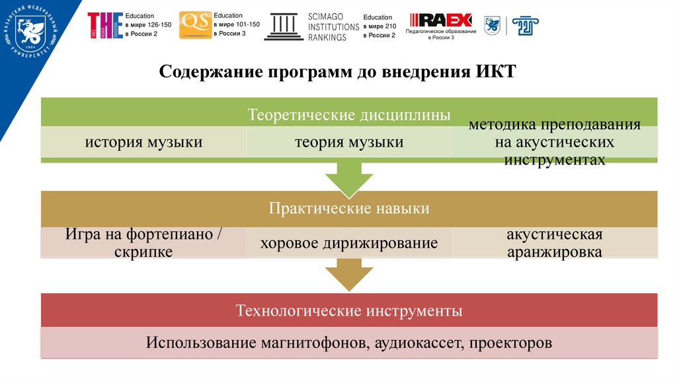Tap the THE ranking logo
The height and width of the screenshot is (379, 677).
[x=105, y=25]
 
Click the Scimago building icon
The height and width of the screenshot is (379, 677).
[x=284, y=26]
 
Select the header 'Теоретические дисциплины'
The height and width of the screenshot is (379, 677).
[x=349, y=114]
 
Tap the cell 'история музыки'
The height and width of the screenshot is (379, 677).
[x=143, y=142]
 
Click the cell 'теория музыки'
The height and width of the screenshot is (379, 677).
[x=349, y=142]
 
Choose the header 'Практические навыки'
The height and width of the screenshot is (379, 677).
[x=349, y=209]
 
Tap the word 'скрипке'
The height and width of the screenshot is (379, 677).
[x=143, y=252]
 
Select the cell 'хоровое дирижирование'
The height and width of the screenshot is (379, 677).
[x=349, y=243]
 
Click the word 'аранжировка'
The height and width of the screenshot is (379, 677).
[x=554, y=252]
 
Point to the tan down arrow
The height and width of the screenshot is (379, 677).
[x=348, y=274]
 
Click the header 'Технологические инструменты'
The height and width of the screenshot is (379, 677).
[x=349, y=310]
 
